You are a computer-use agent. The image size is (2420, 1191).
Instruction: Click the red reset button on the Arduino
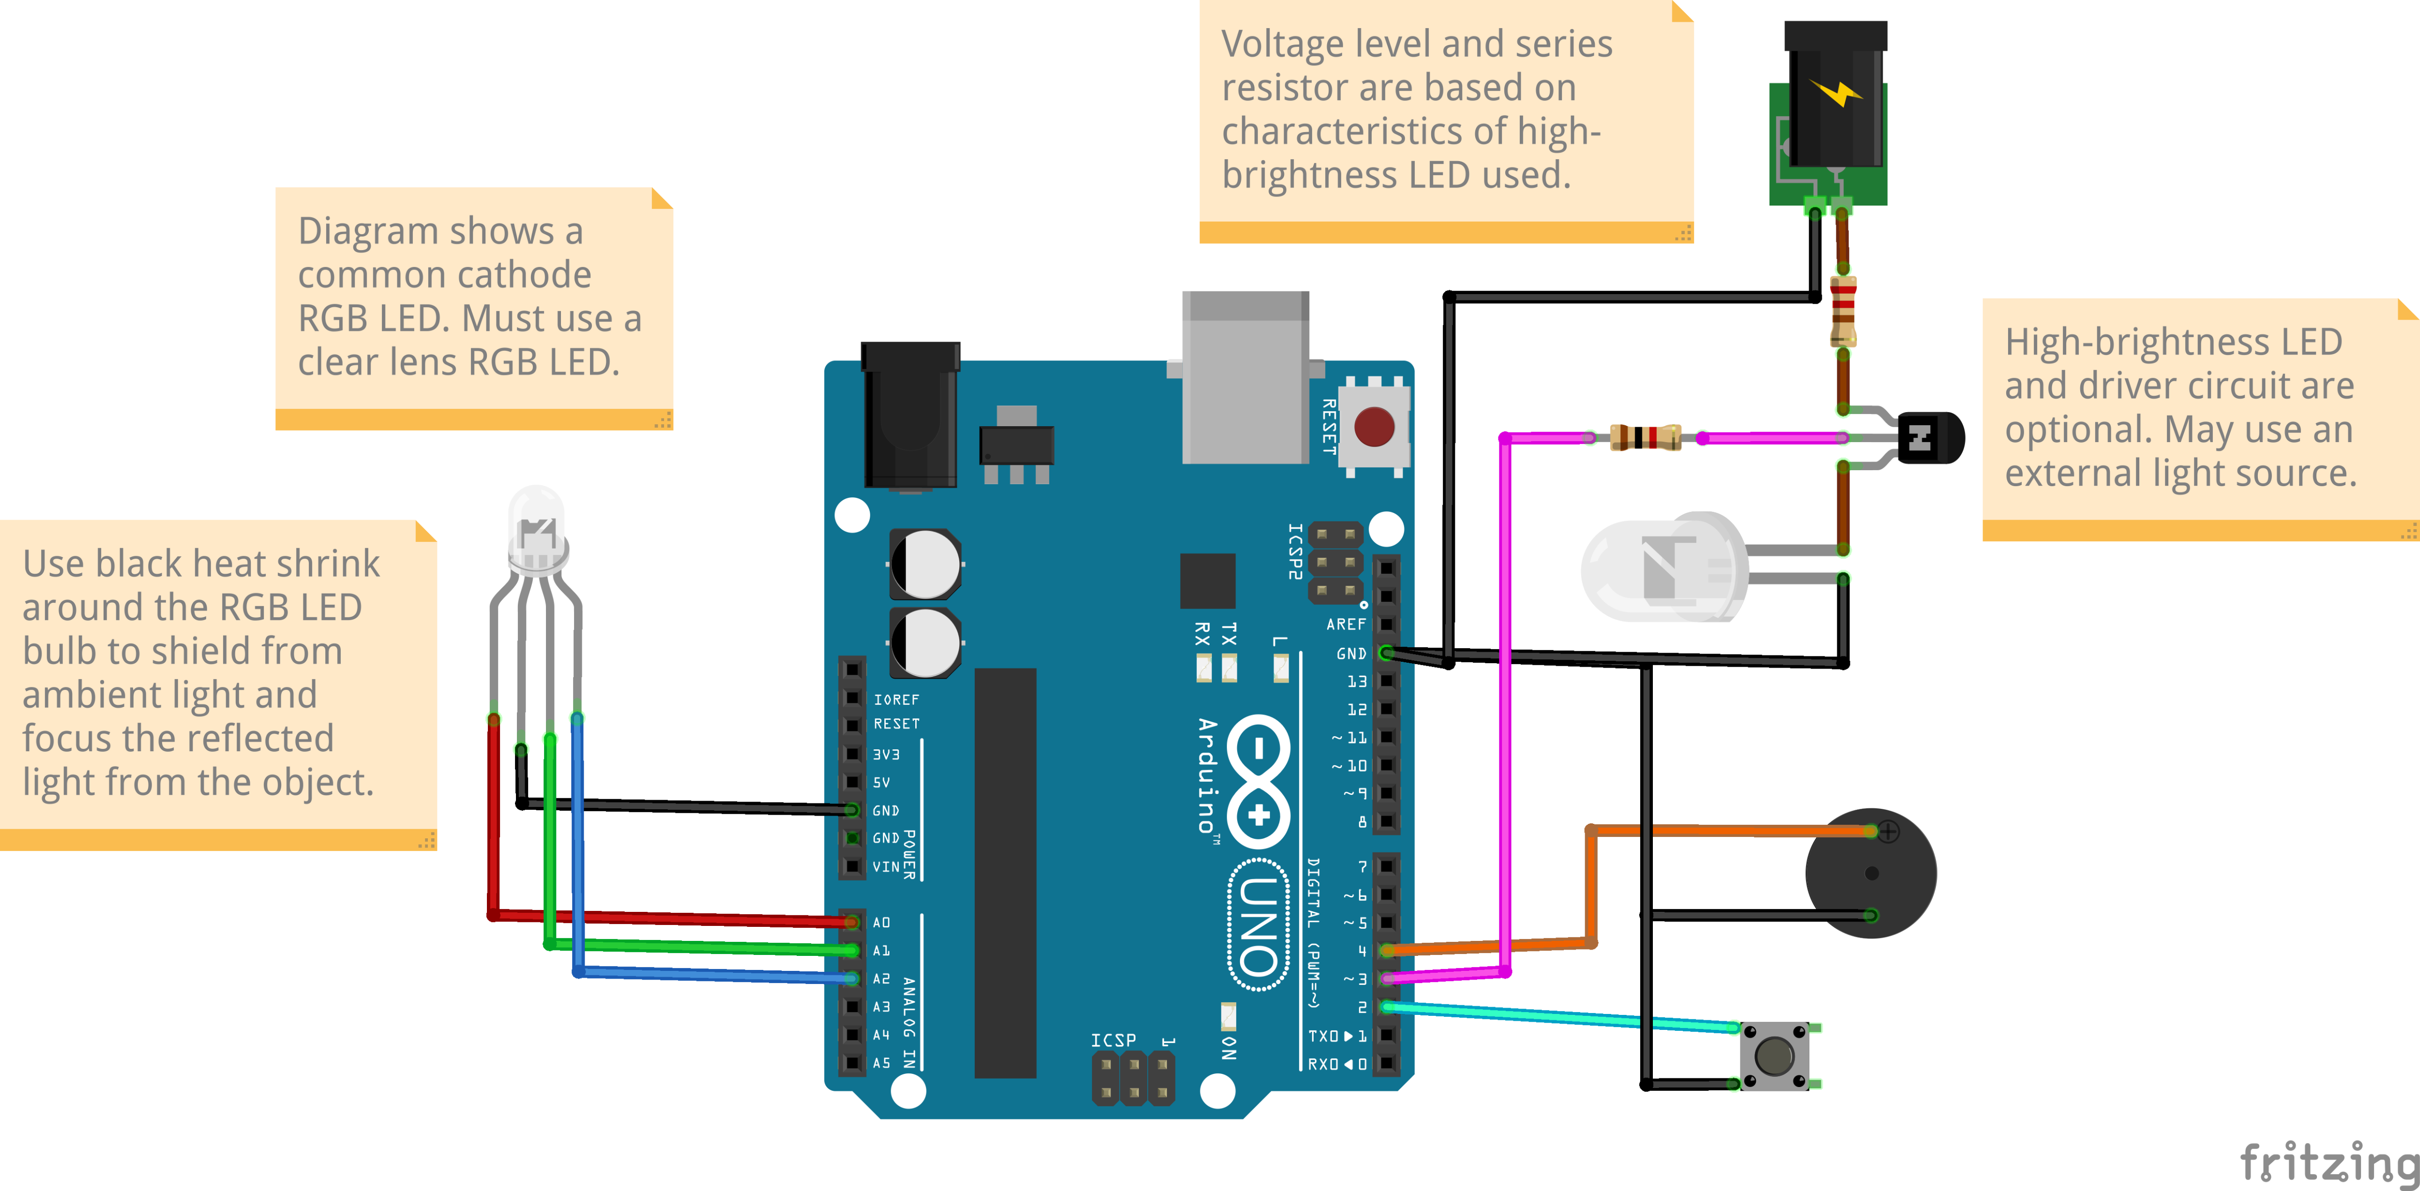pyautogui.click(x=1374, y=427)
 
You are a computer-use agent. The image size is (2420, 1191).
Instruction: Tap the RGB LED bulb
pyautogui.click(x=536, y=531)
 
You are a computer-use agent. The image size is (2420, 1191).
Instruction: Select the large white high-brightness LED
pyautogui.click(x=1663, y=566)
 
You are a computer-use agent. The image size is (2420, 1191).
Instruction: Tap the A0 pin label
pyautogui.click(x=881, y=923)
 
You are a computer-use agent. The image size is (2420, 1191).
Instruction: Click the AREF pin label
pyautogui.click(x=1346, y=625)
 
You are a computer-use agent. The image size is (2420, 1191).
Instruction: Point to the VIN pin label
pyautogui.click(x=885, y=866)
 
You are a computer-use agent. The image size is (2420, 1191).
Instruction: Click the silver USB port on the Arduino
pyautogui.click(x=1245, y=376)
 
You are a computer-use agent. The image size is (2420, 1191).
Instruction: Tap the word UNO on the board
pyautogui.click(x=1259, y=925)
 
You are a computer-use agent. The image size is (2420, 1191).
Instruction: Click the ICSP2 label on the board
pyautogui.click(x=1295, y=551)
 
